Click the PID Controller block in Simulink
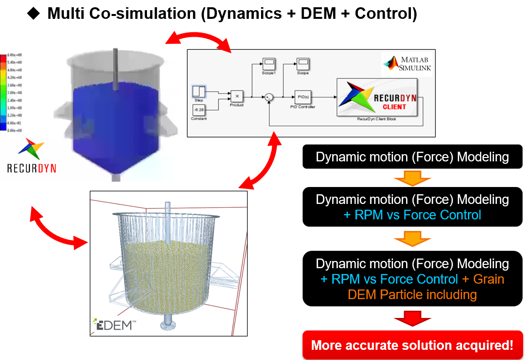point(304,97)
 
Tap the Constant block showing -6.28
point(199,110)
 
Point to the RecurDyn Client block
point(378,97)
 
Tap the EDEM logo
point(113,324)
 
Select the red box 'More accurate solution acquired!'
point(412,345)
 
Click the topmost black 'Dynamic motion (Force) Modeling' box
point(412,157)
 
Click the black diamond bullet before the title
point(33,14)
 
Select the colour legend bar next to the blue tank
point(3,92)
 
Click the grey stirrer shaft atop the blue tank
point(115,68)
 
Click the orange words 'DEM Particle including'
point(412,294)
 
